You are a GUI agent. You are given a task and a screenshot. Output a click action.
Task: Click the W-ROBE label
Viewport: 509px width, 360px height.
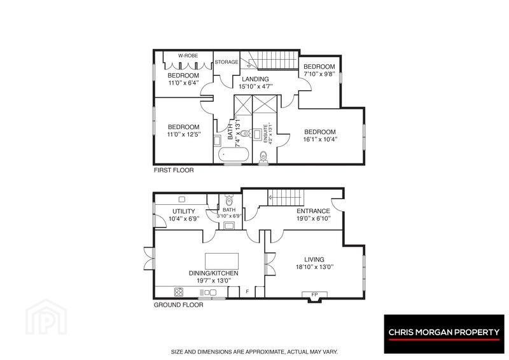tap(188, 56)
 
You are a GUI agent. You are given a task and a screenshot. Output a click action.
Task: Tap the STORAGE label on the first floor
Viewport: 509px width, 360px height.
tap(227, 62)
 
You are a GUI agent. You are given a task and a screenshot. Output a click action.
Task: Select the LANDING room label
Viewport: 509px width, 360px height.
tap(255, 79)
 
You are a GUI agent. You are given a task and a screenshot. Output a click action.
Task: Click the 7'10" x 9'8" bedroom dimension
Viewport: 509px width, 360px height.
tap(319, 74)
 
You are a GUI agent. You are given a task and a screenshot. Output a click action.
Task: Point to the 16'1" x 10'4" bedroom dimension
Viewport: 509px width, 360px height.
tap(321, 139)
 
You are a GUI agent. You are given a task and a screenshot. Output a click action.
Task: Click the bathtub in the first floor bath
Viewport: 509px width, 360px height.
tap(234, 155)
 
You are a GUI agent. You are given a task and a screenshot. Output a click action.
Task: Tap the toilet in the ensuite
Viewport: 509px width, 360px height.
tap(263, 156)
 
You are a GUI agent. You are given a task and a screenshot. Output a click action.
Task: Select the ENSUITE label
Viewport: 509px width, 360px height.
tap(265, 134)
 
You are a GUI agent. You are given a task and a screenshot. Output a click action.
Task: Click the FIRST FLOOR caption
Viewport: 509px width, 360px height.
tap(174, 170)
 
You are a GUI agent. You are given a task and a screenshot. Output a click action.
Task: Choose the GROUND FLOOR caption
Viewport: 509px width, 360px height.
tap(179, 305)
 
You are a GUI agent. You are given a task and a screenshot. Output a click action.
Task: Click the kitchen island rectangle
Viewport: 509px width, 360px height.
tap(221, 261)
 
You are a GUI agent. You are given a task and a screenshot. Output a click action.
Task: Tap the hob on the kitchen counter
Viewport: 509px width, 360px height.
tap(179, 292)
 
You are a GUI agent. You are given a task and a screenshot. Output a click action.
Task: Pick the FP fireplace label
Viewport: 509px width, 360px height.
tap(314, 294)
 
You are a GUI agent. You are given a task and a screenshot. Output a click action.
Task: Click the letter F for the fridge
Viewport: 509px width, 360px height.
tap(248, 292)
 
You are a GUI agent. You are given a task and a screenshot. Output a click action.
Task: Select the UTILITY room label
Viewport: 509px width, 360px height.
tap(184, 211)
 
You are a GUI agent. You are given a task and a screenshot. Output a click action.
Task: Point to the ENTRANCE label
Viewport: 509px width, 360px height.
tap(313, 211)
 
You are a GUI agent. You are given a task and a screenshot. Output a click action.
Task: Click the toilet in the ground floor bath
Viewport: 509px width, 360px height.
tap(229, 198)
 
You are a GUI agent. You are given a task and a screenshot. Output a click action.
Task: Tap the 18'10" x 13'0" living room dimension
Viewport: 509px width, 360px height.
tap(315, 267)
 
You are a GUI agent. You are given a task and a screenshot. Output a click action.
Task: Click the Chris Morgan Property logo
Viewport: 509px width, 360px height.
tap(444, 334)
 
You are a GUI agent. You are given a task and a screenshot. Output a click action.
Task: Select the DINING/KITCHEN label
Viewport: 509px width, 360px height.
tap(214, 273)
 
